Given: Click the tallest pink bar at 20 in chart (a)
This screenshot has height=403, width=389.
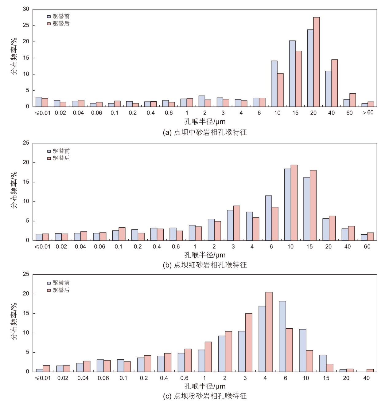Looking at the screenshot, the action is [316, 62].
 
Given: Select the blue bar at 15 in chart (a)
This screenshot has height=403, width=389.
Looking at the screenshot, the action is [292, 74].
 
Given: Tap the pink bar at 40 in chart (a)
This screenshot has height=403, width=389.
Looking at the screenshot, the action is [335, 83].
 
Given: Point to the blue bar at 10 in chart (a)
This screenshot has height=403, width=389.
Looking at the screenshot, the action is [274, 84].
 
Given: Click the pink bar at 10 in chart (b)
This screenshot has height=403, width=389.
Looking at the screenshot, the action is [294, 202].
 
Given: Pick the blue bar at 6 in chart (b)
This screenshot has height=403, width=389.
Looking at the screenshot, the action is [269, 218].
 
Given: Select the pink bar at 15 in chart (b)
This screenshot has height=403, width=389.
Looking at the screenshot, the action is [313, 205].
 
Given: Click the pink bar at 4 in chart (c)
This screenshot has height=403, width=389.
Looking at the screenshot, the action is [269, 332].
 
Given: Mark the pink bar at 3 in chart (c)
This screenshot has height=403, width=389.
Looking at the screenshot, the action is [249, 342].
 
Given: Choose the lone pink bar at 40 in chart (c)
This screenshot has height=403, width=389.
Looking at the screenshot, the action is [370, 370].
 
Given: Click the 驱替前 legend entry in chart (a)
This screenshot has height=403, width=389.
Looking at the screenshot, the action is [58, 16].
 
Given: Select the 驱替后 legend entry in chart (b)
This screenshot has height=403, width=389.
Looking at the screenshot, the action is [58, 158].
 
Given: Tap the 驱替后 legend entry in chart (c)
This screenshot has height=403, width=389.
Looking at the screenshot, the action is [58, 290].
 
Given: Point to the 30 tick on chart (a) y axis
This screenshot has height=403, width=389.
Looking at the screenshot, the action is [26, 9].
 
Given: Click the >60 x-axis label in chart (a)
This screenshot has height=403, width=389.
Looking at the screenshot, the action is [368, 112].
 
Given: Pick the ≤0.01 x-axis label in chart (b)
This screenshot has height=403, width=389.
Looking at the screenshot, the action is [43, 246].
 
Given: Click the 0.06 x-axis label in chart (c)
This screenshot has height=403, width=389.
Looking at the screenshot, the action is [103, 378].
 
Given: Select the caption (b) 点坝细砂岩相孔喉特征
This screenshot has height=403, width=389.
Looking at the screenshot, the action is [205, 265].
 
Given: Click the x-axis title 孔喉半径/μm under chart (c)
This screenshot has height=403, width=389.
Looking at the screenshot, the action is [205, 386].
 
